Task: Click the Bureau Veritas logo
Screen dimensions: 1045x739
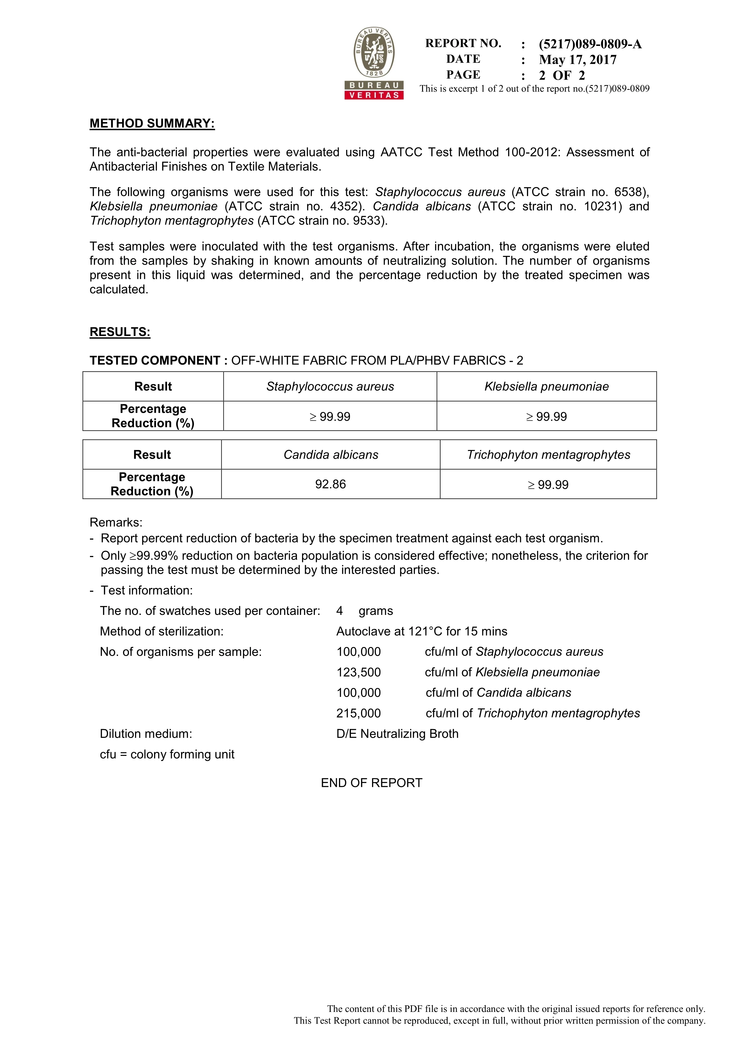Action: pyautogui.click(x=374, y=63)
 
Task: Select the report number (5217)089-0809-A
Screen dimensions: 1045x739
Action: pyautogui.click(x=590, y=44)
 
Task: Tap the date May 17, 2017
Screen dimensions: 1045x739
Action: pyautogui.click(x=578, y=60)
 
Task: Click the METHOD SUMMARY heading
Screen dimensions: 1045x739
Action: pyautogui.click(x=152, y=123)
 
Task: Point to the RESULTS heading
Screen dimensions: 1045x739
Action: pyautogui.click(x=120, y=332)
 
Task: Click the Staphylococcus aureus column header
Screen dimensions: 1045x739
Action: pyautogui.click(x=330, y=387)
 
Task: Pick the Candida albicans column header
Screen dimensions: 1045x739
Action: pyautogui.click(x=331, y=455)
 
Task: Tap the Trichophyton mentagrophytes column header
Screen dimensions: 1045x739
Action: pyautogui.click(x=548, y=455)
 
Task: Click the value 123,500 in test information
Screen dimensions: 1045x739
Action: pyautogui.click(x=359, y=672)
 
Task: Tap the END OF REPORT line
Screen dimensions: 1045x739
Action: pyautogui.click(x=371, y=783)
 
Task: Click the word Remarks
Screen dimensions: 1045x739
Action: pyautogui.click(x=116, y=522)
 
